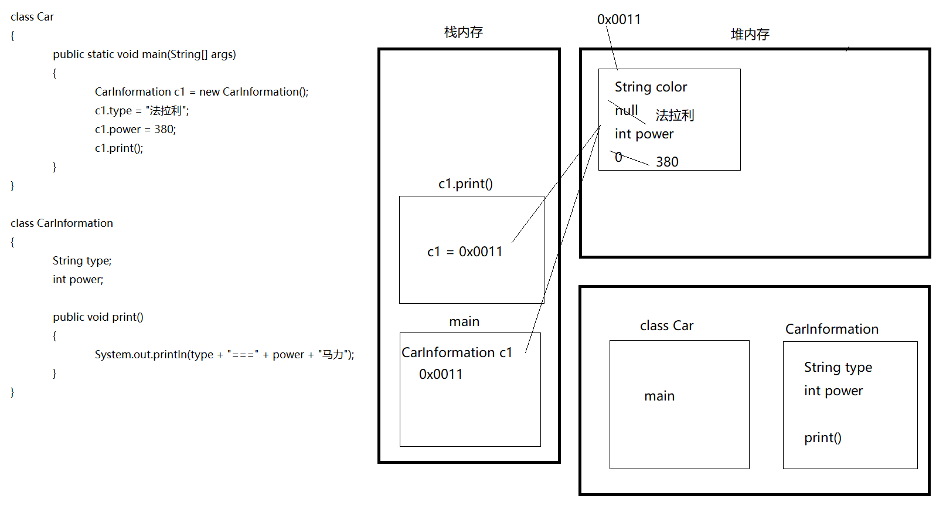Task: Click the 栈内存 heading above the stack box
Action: coord(463,32)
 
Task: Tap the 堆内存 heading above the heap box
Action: coord(750,35)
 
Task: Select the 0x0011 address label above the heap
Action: coord(618,19)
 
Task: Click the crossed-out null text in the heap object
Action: coord(626,110)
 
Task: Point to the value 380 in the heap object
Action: coord(667,162)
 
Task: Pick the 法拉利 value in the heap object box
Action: coord(675,115)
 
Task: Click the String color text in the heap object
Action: coord(651,87)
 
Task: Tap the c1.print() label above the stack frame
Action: coord(465,184)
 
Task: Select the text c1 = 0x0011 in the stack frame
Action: coord(465,252)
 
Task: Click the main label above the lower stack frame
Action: coord(464,321)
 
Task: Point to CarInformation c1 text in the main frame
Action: coord(457,352)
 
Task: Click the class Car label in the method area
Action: coord(666,325)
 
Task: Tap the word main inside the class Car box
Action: coord(659,396)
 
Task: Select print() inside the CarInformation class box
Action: coord(822,437)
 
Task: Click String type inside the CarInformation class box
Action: coord(838,367)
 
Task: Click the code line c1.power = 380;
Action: coord(135,129)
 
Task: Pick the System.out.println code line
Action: coord(224,354)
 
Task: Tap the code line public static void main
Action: coord(144,55)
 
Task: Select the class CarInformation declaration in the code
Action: coord(62,223)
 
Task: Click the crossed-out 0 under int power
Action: coord(618,157)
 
